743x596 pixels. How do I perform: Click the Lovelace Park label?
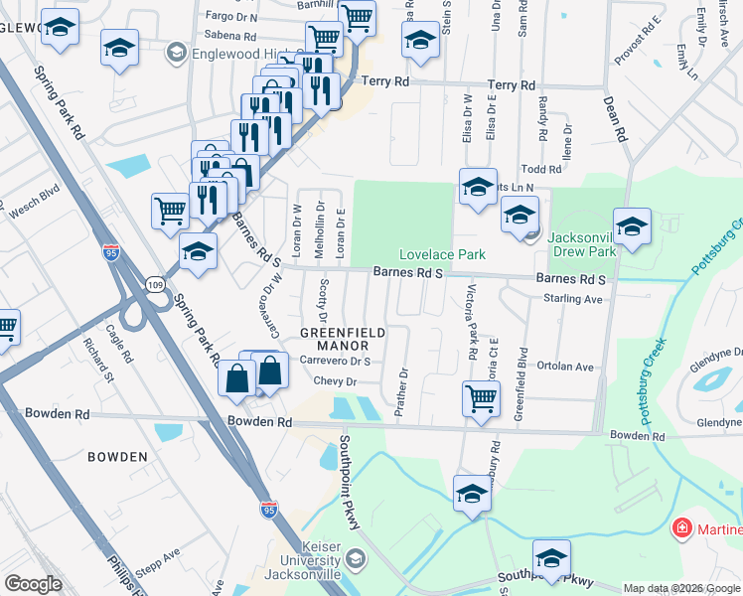click(x=442, y=255)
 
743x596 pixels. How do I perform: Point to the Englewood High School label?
click(x=239, y=52)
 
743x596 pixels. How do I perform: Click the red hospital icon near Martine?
click(x=681, y=527)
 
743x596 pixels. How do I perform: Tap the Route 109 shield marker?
click(x=155, y=284)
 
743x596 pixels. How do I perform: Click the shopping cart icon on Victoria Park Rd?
click(x=482, y=398)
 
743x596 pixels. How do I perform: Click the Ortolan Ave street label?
click(x=568, y=368)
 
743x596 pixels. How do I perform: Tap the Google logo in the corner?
click(x=34, y=584)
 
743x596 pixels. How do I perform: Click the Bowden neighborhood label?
click(x=117, y=457)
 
